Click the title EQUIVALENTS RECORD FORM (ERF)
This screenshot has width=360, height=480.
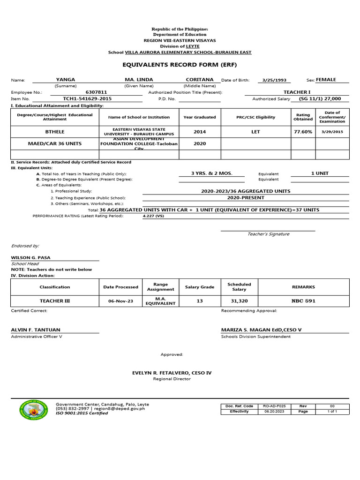[x=170, y=65]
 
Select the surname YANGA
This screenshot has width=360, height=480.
[x=65, y=80]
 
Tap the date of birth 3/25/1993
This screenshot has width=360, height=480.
[x=273, y=80]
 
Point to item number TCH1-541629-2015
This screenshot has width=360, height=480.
[x=87, y=99]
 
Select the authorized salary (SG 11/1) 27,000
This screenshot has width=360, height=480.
[x=320, y=99]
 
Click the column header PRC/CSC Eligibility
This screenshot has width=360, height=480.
[x=255, y=117]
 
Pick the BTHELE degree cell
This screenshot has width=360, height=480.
[x=54, y=132]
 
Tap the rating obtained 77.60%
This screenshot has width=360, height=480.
[x=303, y=132]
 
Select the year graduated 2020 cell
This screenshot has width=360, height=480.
[x=200, y=144]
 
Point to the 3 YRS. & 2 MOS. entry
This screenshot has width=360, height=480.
[x=211, y=173]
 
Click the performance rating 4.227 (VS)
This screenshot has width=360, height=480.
[x=153, y=217]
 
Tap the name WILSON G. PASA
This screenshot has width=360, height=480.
[x=31, y=257]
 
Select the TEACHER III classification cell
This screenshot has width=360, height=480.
[x=54, y=301]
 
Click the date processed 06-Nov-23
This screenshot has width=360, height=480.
[x=120, y=301]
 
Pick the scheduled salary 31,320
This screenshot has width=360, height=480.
[x=239, y=301]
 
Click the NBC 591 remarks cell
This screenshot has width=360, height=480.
[x=303, y=301]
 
